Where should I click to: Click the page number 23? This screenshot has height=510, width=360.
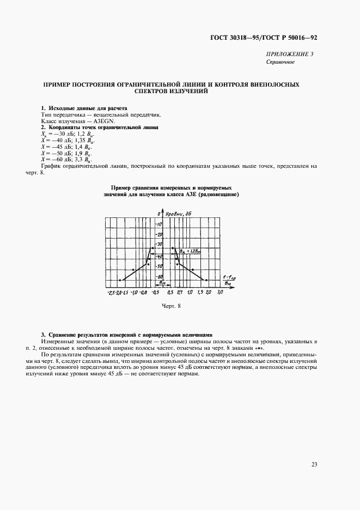(x=314, y=464)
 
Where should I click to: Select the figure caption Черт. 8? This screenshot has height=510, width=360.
(x=170, y=306)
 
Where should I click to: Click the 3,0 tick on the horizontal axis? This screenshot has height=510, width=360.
(x=220, y=293)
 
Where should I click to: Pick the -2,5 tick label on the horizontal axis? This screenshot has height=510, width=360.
(x=112, y=293)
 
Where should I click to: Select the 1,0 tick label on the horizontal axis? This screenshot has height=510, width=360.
(x=190, y=293)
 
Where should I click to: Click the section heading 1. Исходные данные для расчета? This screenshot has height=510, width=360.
(x=84, y=108)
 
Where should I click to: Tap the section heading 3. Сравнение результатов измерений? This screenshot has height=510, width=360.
(x=126, y=334)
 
